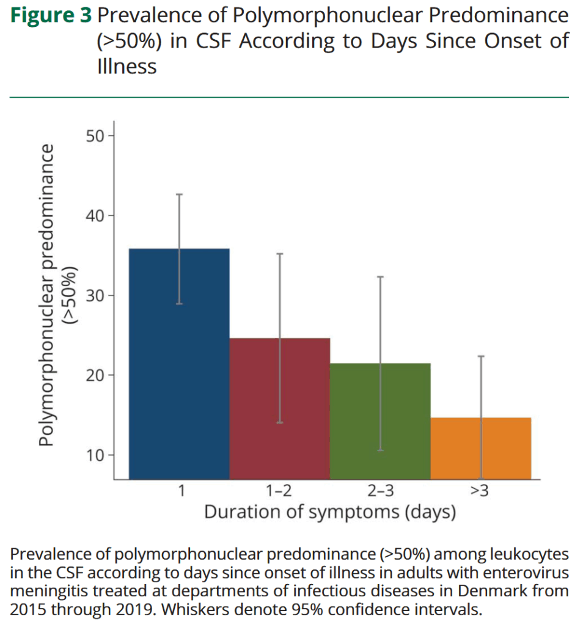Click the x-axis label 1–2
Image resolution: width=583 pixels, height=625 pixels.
pos(279,491)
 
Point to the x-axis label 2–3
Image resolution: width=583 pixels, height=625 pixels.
pos(380,491)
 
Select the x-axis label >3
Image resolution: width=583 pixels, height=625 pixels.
pos(480,491)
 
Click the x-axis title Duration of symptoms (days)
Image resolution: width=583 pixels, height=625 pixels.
pos(330,511)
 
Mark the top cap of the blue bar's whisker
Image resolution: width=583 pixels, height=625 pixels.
pos(179,194)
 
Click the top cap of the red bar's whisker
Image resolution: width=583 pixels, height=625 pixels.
pos(279,253)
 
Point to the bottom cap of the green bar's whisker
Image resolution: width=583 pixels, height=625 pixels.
pos(380,450)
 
